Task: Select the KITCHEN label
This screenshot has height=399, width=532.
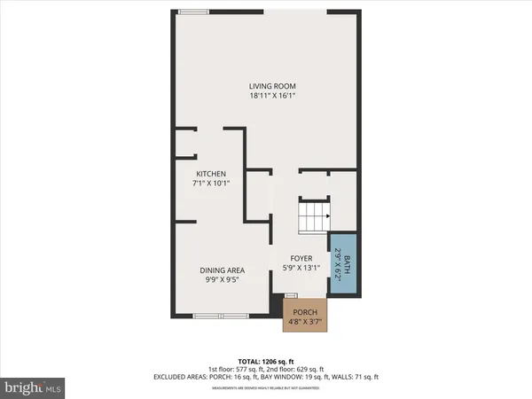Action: coord(211,174)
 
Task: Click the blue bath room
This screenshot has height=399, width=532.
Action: coord(343,263)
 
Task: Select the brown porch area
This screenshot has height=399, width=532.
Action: coord(305,315)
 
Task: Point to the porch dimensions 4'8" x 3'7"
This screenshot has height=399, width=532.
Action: coord(305,322)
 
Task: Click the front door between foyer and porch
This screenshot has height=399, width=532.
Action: coord(291,295)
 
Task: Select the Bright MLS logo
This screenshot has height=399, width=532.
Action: coord(33,387)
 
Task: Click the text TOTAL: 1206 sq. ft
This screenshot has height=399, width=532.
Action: coord(265,362)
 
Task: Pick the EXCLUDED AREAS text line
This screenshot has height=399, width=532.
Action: coord(265,377)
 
